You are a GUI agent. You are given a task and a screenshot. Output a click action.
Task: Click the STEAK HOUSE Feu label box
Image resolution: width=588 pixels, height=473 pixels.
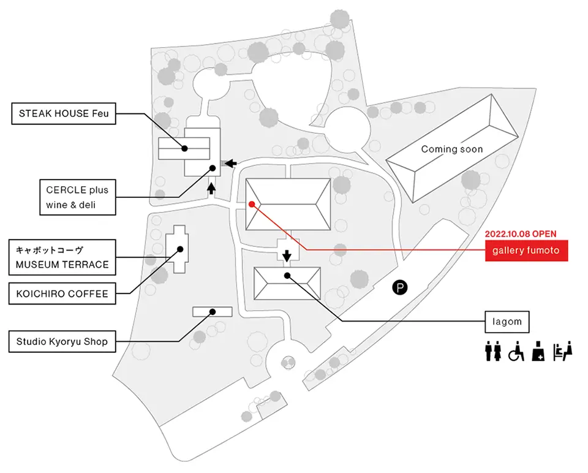coord(64,113)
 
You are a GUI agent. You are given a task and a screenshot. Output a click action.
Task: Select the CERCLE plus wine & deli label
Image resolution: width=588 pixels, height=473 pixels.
coord(78,197)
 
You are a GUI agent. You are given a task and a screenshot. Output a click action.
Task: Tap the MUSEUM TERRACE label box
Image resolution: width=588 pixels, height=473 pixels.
coord(62,257)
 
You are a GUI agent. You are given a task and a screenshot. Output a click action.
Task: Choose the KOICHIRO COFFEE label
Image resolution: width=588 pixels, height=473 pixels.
coord(62,293)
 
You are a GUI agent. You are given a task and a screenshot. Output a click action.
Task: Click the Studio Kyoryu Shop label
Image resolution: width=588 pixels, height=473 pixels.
coord(62,341)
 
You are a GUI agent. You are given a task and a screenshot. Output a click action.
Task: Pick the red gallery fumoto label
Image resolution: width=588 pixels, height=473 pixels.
coord(526,251)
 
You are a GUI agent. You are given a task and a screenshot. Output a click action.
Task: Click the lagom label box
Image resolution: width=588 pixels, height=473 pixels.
coord(507,322)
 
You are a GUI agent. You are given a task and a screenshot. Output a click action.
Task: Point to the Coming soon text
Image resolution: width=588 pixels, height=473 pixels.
coord(452,149)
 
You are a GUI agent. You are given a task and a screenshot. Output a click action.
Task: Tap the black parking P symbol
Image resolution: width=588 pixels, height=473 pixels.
coord(400,288)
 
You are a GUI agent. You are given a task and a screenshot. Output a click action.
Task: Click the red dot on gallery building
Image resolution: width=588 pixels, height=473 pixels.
coord(252,204)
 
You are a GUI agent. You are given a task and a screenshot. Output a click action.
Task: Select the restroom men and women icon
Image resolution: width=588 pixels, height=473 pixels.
coord(492,351)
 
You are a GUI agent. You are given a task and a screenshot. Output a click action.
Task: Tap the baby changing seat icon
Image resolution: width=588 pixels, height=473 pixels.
coord(563,351)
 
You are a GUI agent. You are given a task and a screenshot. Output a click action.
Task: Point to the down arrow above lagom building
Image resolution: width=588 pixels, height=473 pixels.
coord(287,256)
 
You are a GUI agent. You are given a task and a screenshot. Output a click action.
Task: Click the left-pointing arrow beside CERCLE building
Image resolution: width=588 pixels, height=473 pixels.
coord(231,163)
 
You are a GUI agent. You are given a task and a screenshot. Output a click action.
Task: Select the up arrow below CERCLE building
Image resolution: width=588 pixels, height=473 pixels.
coord(211,188)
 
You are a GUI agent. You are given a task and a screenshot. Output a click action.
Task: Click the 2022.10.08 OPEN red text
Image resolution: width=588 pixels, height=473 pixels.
coord(521,233)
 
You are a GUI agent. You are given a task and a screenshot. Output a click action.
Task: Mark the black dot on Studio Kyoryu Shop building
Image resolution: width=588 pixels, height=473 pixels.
coord(213,312)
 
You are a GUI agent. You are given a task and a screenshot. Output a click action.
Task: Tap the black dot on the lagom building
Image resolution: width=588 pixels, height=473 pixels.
coord(287,276)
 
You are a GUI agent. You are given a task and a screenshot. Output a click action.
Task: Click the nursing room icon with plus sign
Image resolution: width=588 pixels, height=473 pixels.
coord(538,351)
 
